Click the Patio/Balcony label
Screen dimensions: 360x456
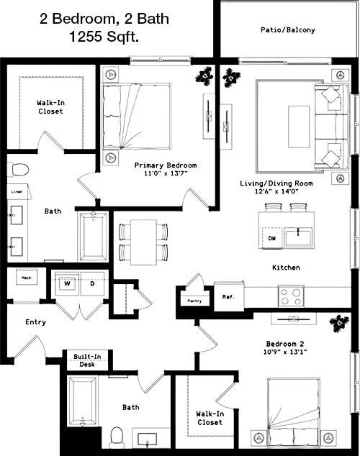click(x=287, y=29)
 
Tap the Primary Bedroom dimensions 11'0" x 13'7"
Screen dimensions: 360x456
click(x=166, y=173)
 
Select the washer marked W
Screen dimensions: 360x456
click(x=67, y=283)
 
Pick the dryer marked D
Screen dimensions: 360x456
click(x=92, y=283)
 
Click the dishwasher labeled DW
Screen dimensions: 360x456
click(x=272, y=238)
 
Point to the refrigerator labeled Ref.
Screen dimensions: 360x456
click(x=228, y=296)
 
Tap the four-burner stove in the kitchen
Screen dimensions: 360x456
click(x=291, y=296)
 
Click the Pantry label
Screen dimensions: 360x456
click(x=194, y=301)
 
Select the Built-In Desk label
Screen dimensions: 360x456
click(x=87, y=360)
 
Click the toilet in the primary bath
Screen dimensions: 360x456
click(x=18, y=170)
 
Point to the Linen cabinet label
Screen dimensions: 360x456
click(x=17, y=191)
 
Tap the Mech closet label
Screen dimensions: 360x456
click(x=27, y=278)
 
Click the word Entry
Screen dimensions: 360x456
click(x=35, y=322)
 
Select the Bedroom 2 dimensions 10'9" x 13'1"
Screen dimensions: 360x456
click(x=285, y=352)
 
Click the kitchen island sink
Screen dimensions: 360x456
click(x=298, y=237)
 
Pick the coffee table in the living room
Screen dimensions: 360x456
click(x=299, y=127)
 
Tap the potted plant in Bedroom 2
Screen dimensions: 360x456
click(x=339, y=324)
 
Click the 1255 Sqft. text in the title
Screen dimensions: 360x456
click(x=104, y=37)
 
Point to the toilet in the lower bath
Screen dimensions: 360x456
click(x=117, y=437)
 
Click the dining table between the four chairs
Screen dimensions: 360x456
click(x=143, y=242)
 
